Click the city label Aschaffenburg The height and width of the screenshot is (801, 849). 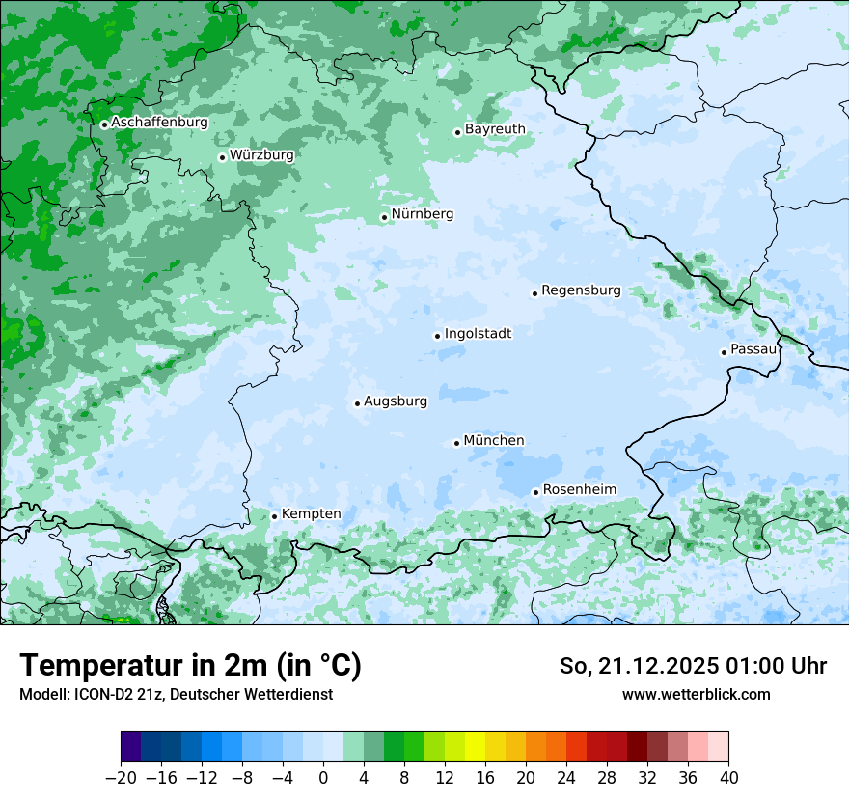(x=159, y=123)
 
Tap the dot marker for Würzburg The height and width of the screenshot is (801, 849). (x=222, y=157)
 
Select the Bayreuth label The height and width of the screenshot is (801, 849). (x=495, y=129)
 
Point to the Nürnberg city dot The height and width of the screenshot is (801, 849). (x=384, y=217)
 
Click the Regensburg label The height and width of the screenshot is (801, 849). (x=581, y=290)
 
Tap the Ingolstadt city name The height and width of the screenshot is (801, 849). (x=478, y=334)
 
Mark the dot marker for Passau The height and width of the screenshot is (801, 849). (x=724, y=352)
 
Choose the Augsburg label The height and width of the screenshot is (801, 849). (x=395, y=401)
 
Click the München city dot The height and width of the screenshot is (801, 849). (x=456, y=443)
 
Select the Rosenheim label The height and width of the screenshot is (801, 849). (x=579, y=490)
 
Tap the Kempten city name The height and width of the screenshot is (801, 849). (x=311, y=514)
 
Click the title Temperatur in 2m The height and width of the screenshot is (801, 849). (x=190, y=666)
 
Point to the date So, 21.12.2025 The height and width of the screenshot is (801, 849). (x=637, y=666)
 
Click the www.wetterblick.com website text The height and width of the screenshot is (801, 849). (x=696, y=694)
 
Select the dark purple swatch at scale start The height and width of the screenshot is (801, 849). (x=131, y=747)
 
